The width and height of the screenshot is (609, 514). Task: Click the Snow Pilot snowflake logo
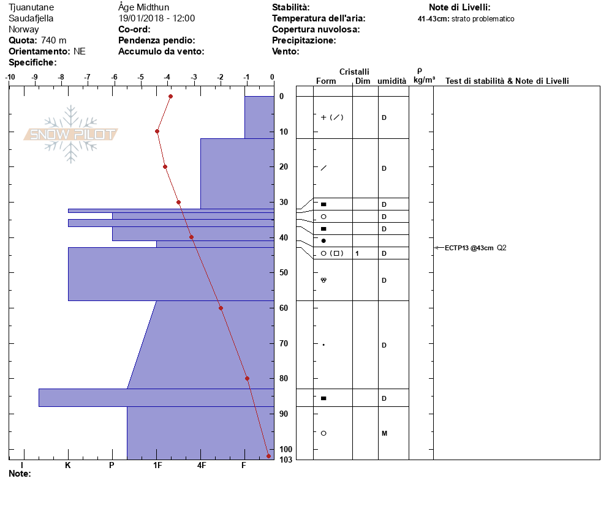click(70, 134)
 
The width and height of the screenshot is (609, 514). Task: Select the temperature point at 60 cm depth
click(221, 308)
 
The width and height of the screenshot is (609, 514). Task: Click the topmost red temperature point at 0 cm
click(170, 96)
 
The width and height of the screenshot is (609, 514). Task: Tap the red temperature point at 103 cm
click(268, 456)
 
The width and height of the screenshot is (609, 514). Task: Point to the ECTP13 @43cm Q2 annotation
click(475, 248)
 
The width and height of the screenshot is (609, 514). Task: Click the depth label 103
click(286, 460)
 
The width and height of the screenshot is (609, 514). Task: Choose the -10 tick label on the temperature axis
click(10, 77)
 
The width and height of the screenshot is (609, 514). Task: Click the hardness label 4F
click(201, 465)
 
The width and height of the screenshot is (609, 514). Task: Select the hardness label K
click(67, 465)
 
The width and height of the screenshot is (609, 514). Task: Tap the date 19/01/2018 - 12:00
click(156, 18)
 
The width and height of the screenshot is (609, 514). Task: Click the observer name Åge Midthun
click(144, 7)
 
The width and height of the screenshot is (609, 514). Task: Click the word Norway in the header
click(24, 29)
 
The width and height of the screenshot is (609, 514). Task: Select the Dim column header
click(363, 81)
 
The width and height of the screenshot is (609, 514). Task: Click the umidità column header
click(392, 81)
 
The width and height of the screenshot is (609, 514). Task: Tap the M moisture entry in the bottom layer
click(384, 433)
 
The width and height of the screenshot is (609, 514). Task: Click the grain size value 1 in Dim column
click(357, 253)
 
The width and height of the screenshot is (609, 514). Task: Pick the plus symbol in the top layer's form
click(323, 117)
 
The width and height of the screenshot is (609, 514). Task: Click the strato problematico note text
click(483, 18)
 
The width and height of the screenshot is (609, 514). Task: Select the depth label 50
click(284, 272)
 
